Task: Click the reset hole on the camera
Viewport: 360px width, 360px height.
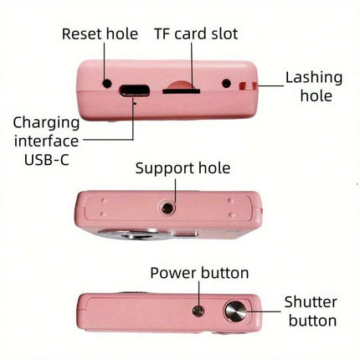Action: click(107, 83)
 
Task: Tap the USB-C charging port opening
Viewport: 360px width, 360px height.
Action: click(135, 90)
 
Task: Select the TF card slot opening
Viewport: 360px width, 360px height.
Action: click(182, 90)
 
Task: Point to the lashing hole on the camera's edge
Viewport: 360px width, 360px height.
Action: click(248, 86)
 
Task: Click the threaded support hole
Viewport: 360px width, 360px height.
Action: click(167, 208)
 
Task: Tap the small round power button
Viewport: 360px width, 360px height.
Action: click(198, 311)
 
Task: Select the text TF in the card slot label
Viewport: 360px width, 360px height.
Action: click(162, 34)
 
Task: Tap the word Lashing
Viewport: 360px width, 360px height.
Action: click(314, 78)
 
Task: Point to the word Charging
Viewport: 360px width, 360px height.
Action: click(47, 123)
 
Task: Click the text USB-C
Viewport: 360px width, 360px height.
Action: click(47, 160)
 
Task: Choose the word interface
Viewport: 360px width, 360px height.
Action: click(47, 141)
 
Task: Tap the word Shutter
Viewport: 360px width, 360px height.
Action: click(311, 302)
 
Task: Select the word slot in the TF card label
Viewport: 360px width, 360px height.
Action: click(224, 34)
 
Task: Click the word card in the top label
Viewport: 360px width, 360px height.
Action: click(191, 34)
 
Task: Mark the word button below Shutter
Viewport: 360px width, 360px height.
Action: click(312, 321)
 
